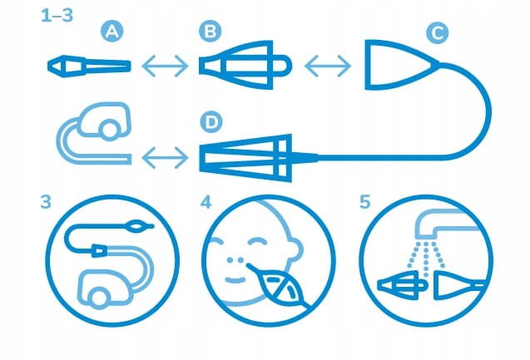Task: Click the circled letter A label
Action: pos(111,32)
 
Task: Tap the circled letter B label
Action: pos(210,32)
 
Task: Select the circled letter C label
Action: pos(438,32)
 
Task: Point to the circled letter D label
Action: pos(211,122)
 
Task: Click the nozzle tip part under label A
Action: pos(89,67)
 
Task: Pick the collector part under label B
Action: pos(245,65)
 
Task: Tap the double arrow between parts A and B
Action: pos(165,66)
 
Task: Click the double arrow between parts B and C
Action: pos(328,65)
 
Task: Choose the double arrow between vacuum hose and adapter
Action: pos(165,157)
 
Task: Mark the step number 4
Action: pos(206,202)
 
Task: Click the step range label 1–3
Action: pos(57,16)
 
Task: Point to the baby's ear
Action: pos(295,249)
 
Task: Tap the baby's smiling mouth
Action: pos(235,280)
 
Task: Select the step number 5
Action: pos(365,202)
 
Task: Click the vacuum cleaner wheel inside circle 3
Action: pos(99,298)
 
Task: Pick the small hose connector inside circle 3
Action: pos(99,250)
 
